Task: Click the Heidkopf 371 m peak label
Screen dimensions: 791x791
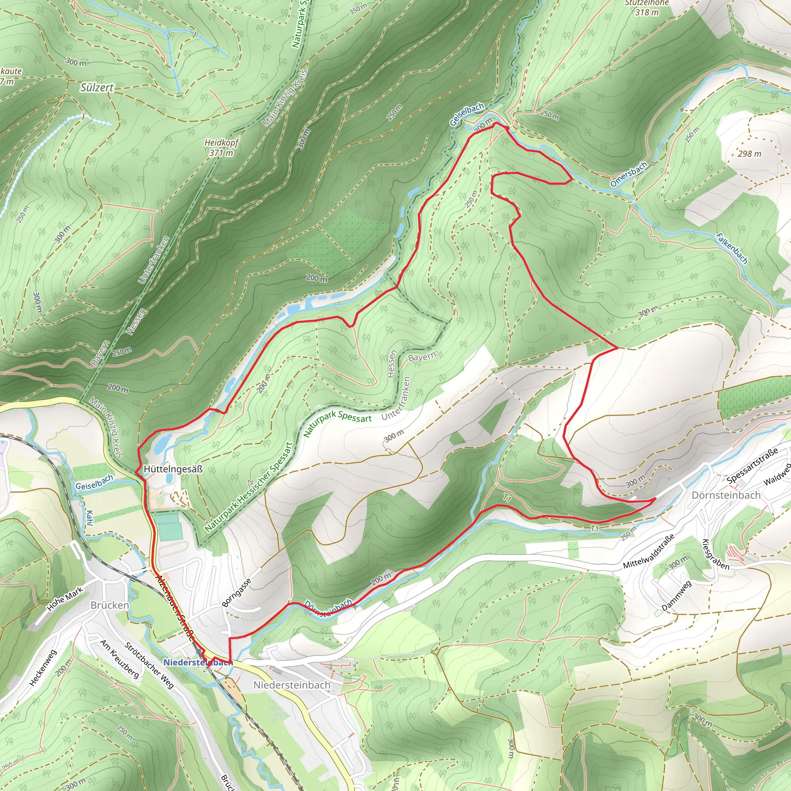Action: coord(221,148)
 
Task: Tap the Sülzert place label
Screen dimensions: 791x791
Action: coord(97,87)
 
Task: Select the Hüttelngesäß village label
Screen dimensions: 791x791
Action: coord(173,469)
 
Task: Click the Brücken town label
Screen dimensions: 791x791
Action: coord(109,605)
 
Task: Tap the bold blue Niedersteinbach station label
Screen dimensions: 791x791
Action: coord(198,662)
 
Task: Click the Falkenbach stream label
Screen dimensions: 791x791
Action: coord(732,248)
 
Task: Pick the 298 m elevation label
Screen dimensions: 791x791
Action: coord(749,154)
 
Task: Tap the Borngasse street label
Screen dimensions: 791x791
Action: coord(236,592)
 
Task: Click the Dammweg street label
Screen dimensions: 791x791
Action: coord(676,596)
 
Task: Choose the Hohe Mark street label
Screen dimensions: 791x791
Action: coord(65,599)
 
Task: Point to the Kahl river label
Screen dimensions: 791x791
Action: coord(90,518)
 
